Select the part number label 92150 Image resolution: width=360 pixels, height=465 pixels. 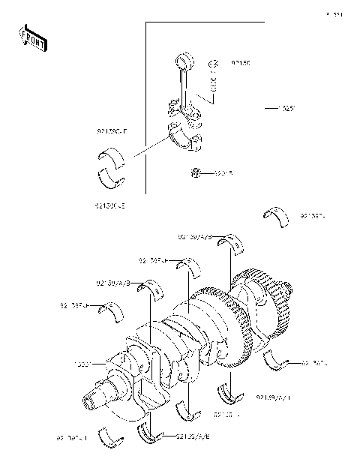tap(240, 64)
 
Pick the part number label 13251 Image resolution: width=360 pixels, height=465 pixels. tap(286, 109)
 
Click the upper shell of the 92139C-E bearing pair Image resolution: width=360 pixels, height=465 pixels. tap(112, 157)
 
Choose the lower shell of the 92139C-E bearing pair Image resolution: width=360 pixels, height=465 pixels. tap(112, 178)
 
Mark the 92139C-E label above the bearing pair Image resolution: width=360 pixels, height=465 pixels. tap(112, 130)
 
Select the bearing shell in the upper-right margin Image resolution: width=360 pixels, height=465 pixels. tap(277, 215)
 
